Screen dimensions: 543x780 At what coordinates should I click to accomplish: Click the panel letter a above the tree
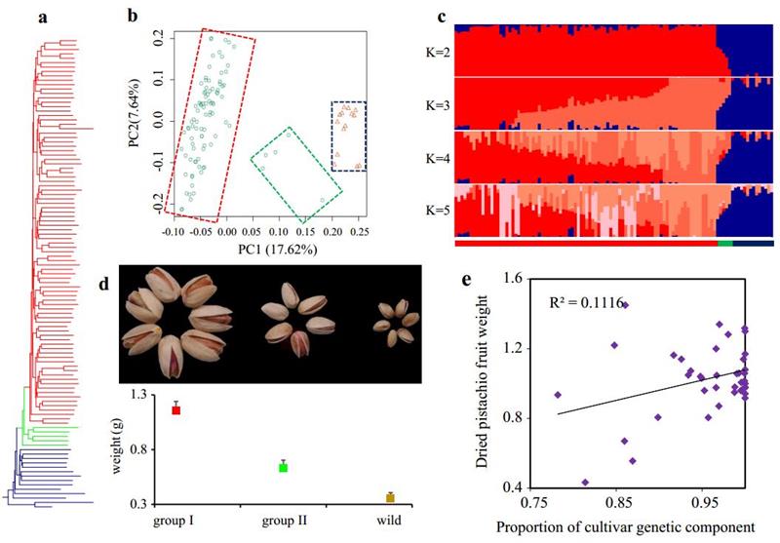(43, 17)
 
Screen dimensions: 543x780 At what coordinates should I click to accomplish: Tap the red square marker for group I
(176, 410)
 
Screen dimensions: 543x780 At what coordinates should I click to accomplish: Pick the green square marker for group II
(283, 468)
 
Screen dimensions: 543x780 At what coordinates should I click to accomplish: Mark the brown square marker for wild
(390, 497)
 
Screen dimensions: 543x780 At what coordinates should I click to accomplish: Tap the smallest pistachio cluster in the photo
(396, 322)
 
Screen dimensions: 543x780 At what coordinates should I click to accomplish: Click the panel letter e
(468, 279)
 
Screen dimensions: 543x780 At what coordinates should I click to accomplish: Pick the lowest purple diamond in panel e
(585, 483)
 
